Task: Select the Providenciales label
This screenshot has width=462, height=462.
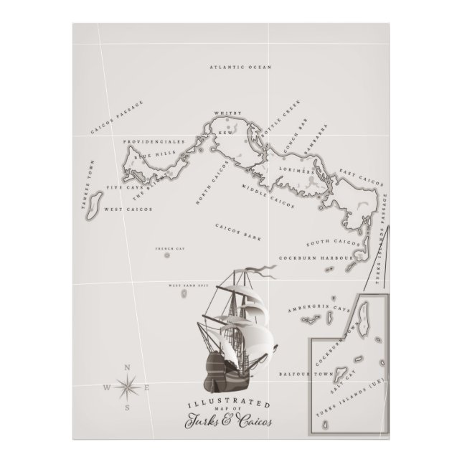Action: pos(154,142)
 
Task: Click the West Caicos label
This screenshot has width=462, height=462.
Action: pos(121,209)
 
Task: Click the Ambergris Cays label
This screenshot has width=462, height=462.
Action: pos(318,308)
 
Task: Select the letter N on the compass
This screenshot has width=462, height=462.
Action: pos(128,368)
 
